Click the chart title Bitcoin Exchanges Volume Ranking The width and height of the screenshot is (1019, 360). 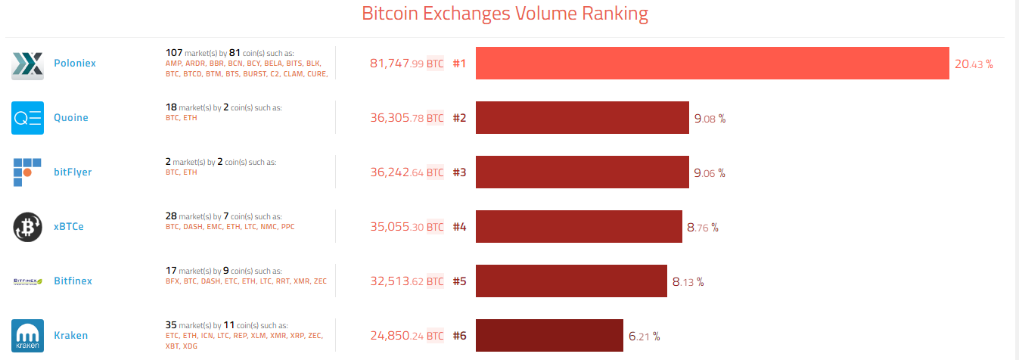[505, 14]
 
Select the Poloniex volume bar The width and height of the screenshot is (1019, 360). [712, 64]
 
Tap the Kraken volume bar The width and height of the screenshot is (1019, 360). [549, 336]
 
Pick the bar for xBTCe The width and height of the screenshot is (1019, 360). [579, 227]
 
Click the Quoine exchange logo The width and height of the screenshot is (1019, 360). [27, 118]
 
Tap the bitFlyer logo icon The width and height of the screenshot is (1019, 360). [27, 172]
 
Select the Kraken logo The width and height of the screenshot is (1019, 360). [27, 336]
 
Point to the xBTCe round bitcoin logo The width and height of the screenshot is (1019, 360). [27, 227]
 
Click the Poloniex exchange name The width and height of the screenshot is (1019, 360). [75, 64]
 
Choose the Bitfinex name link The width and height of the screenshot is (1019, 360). [73, 281]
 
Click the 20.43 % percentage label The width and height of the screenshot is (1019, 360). [974, 64]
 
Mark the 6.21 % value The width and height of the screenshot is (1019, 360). [644, 337]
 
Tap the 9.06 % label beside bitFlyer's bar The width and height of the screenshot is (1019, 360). [709, 173]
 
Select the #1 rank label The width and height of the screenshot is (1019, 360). [459, 64]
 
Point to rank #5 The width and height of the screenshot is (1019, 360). [459, 281]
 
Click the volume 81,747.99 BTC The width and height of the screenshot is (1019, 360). [406, 64]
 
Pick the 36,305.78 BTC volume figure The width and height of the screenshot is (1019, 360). [406, 118]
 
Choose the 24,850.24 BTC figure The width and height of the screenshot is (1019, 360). [406, 336]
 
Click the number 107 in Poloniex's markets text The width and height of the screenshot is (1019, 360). [174, 53]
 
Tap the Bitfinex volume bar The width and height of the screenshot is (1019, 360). [571, 281]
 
